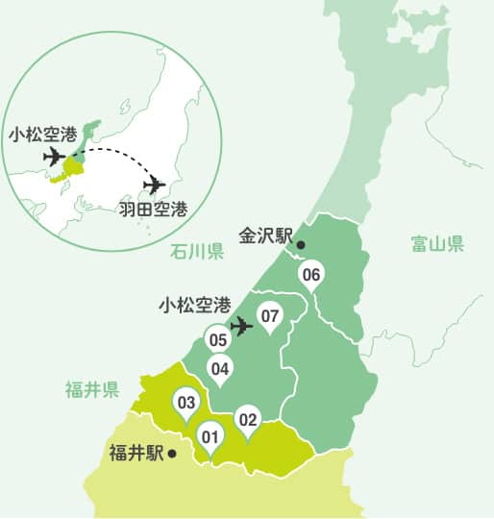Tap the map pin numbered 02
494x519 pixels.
point(248,420)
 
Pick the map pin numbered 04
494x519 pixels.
point(220,368)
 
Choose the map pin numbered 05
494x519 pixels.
point(217,339)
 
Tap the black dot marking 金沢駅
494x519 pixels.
point(301,245)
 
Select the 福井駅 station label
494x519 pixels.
point(136,452)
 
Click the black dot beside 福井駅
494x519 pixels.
point(172,452)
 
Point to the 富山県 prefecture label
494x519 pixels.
point(437,244)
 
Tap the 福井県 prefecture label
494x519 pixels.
point(91,389)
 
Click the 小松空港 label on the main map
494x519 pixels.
point(194,306)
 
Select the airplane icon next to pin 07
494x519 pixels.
point(242,327)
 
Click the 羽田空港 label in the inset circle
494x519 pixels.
point(153,208)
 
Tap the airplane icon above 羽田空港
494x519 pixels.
point(154,184)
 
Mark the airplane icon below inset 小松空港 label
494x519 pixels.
point(53,156)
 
